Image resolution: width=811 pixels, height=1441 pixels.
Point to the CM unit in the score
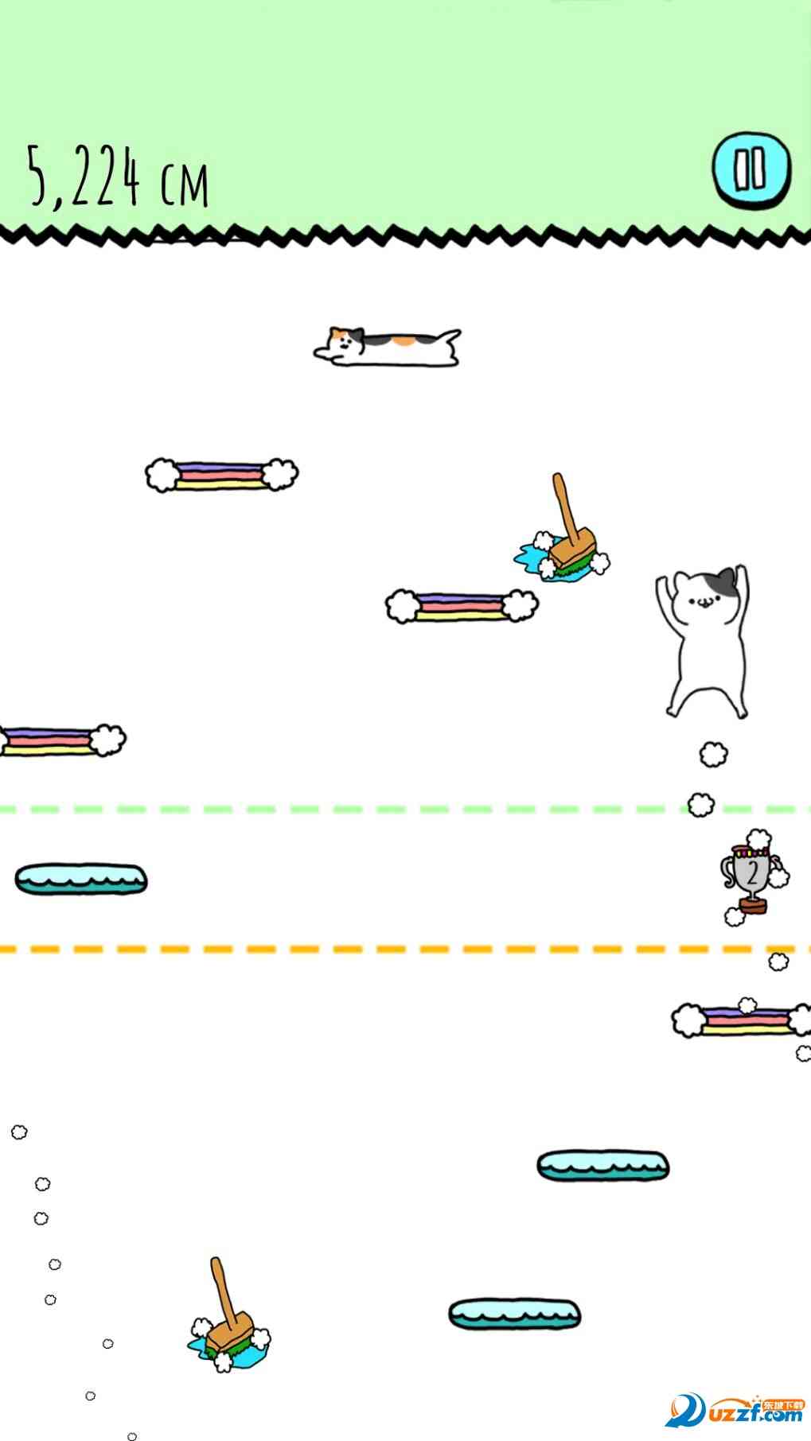click(x=184, y=183)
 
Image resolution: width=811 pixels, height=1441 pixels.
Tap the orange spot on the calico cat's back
click(x=404, y=341)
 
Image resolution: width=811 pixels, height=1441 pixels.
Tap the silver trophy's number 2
click(x=751, y=872)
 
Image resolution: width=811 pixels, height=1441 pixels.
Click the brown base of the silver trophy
click(x=752, y=905)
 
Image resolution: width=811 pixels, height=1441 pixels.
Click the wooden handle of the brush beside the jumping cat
click(x=566, y=505)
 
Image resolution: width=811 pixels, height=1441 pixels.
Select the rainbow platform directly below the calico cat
click(x=221, y=475)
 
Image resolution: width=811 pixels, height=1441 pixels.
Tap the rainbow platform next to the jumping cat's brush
click(x=462, y=606)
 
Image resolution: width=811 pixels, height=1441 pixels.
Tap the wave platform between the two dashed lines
click(x=81, y=880)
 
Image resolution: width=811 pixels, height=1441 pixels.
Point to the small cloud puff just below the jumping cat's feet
click(x=713, y=754)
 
